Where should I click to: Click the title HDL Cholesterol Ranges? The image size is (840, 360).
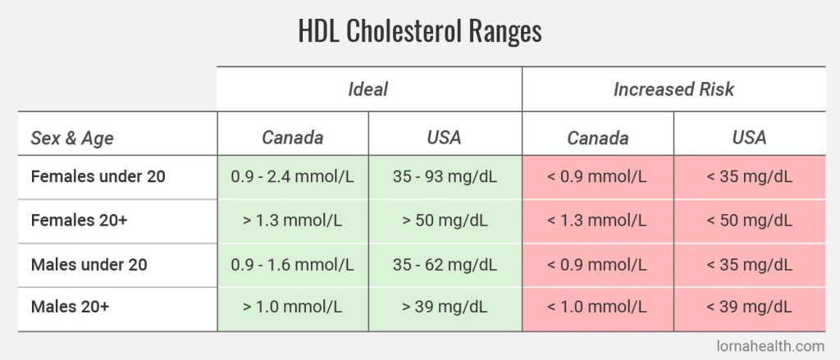419,31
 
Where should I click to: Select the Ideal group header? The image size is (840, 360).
368,89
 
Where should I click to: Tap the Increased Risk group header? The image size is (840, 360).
673,89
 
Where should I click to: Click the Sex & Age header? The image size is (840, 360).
73,137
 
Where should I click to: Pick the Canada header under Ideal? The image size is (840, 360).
292,137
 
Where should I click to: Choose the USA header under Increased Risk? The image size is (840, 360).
749,137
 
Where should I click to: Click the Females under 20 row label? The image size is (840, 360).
98,176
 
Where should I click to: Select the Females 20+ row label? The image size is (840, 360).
75,221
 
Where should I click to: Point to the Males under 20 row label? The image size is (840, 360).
89,265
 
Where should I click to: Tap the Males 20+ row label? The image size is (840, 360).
70,308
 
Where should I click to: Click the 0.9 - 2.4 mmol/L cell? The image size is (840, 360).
292,176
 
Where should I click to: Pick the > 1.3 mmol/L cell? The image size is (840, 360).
292,221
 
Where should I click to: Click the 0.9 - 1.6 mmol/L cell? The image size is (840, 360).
292,265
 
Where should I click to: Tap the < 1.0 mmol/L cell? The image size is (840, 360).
597,308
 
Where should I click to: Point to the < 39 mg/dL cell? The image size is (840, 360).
749,308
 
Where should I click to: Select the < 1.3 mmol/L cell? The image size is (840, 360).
597,221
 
